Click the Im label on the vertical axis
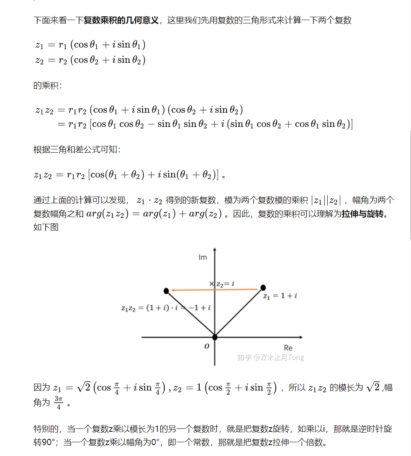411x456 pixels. point(203,257)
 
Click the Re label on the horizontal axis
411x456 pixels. point(288,348)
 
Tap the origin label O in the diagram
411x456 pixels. point(207,346)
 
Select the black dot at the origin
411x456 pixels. point(215,337)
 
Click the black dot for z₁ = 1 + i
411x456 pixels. point(263,287)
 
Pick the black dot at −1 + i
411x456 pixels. point(166,290)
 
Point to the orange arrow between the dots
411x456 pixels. point(213,289)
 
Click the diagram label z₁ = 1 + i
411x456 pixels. point(280,296)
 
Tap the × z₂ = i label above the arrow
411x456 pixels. point(222,284)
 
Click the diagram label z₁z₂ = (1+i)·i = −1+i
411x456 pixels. point(166,308)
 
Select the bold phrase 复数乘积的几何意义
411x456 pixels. point(121,20)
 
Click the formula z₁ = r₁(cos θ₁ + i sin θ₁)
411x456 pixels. point(90,45)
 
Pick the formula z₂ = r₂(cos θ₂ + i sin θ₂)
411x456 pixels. point(90,60)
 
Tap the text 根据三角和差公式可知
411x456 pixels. point(77,150)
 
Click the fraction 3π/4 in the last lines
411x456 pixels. point(58,403)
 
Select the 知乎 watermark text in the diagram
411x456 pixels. point(270,357)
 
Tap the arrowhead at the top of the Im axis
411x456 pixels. point(215,250)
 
